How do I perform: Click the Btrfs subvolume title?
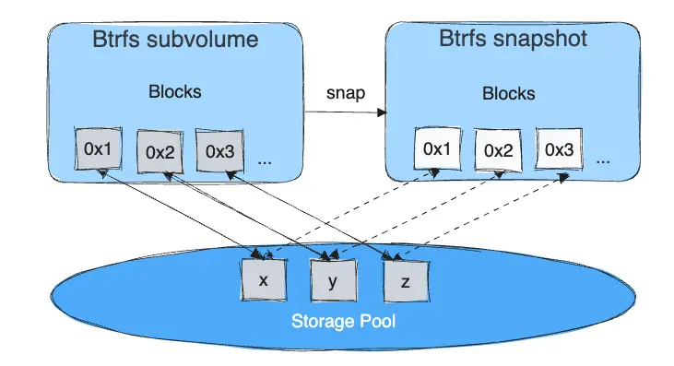(x=175, y=41)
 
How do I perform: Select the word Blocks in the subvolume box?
(x=174, y=92)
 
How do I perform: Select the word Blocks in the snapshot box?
(x=509, y=94)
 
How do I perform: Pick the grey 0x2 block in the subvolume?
(x=160, y=151)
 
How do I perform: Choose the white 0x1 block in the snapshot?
(x=437, y=148)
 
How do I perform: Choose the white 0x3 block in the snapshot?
(x=561, y=149)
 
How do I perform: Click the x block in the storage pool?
(x=264, y=280)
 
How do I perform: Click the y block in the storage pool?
(x=333, y=282)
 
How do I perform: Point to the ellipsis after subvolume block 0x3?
(x=266, y=160)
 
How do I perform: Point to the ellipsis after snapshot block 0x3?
(x=604, y=160)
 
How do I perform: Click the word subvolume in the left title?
(x=208, y=41)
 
